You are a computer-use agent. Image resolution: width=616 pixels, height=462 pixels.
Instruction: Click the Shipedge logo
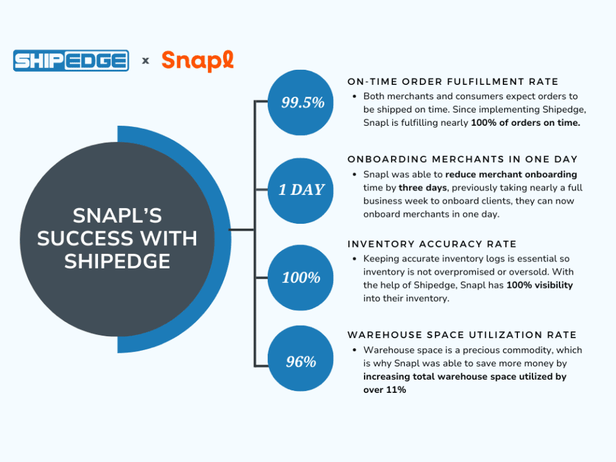[71, 60]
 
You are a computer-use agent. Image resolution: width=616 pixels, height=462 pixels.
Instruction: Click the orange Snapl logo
[197, 61]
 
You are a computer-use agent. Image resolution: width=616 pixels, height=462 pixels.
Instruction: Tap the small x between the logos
[146, 61]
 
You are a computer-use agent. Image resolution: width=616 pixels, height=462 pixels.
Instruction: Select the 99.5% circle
[300, 102]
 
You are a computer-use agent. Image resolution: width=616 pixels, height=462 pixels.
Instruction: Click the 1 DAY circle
[300, 190]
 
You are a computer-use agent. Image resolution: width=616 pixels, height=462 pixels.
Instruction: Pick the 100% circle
[300, 277]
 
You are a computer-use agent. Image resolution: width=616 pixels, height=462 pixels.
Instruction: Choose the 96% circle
[300, 362]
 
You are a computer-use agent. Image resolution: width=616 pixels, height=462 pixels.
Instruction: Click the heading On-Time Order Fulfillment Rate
[453, 82]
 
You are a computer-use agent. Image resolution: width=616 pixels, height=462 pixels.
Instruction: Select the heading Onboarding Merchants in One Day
[462, 159]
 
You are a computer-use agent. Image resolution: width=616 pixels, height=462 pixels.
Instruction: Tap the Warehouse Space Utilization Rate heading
[462, 335]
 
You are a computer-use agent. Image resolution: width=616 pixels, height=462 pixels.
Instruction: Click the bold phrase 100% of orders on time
[525, 123]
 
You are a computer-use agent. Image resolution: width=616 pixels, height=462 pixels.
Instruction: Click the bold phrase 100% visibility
[539, 285]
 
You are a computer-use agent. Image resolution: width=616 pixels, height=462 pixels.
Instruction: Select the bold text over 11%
[385, 390]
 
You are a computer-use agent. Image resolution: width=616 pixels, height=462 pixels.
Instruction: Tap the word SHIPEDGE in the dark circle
[117, 261]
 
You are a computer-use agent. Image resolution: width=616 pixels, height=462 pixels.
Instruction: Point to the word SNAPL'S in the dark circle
[117, 216]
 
